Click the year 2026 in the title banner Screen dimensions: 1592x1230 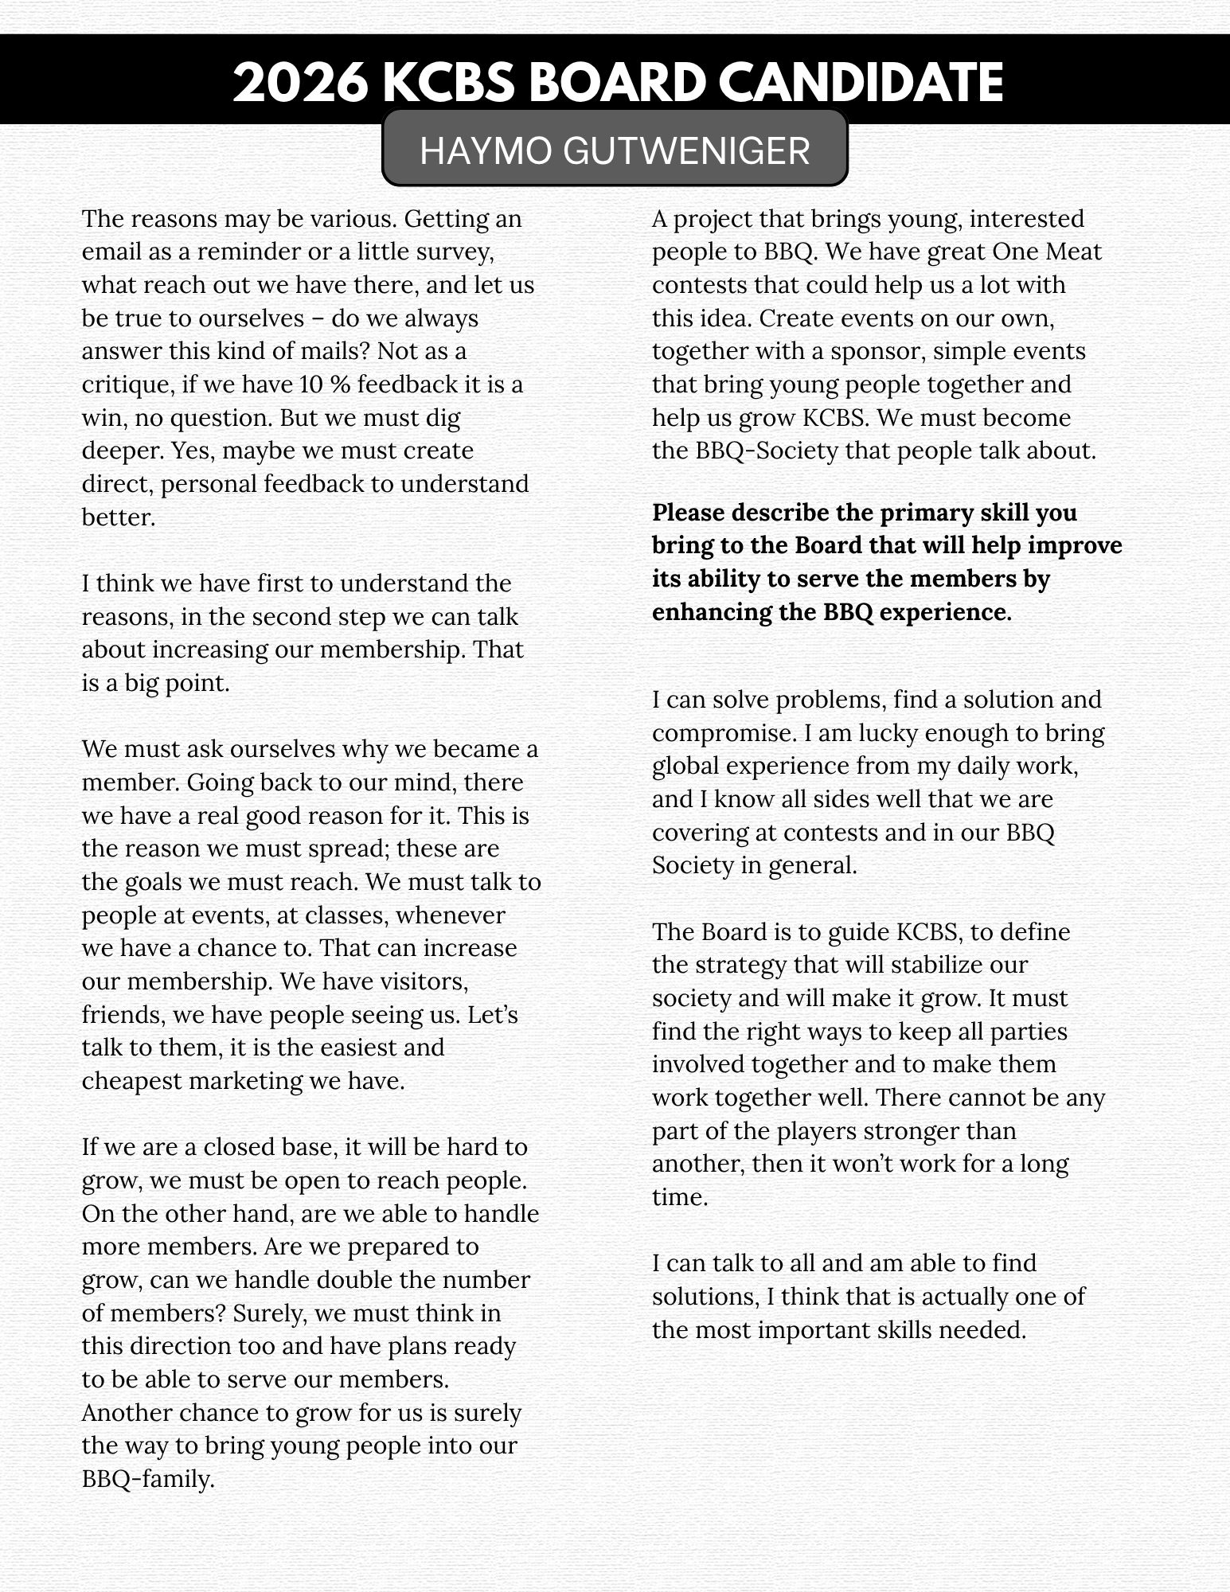coord(302,82)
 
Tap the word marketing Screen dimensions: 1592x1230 coord(242,1081)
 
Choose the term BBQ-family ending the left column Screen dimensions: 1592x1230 coord(148,1479)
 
